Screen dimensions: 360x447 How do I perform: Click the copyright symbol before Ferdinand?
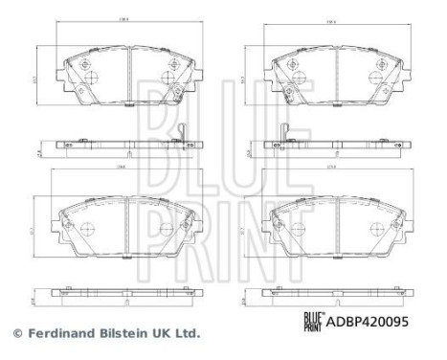click(x=15, y=334)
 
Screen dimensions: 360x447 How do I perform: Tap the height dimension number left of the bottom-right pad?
click(x=244, y=230)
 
